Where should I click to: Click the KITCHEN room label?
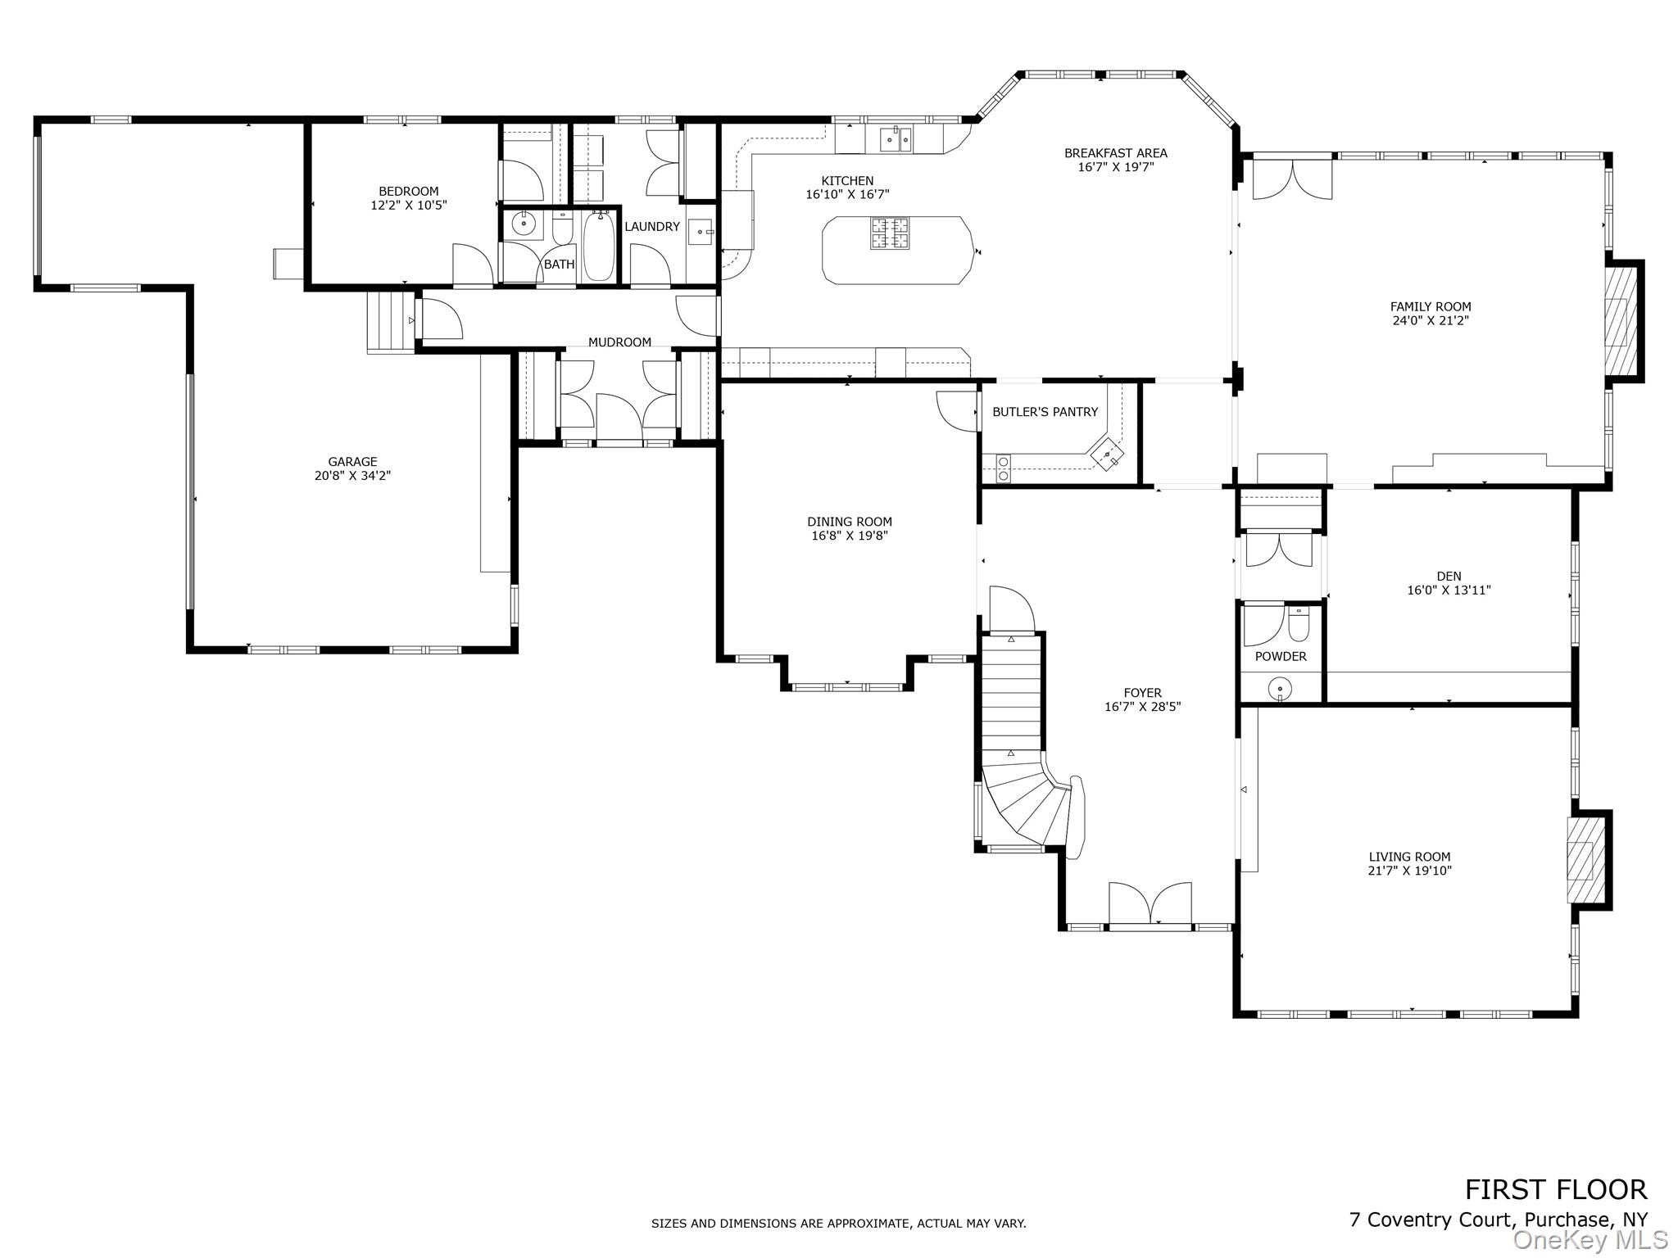(847, 181)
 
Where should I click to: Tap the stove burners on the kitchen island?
(889, 232)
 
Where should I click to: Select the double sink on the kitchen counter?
(896, 140)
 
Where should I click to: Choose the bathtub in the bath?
(598, 246)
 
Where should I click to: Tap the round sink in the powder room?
(1279, 690)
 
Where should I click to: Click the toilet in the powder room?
(1299, 624)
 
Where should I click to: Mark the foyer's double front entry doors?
(1150, 904)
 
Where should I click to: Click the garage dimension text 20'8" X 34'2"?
(352, 475)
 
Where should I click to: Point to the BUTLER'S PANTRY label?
(1045, 412)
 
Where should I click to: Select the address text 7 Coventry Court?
(1429, 1220)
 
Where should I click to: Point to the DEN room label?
(1449, 576)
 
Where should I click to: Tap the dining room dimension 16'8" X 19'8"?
(850, 536)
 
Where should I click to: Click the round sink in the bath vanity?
(524, 224)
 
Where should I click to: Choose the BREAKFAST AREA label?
(1115, 153)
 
